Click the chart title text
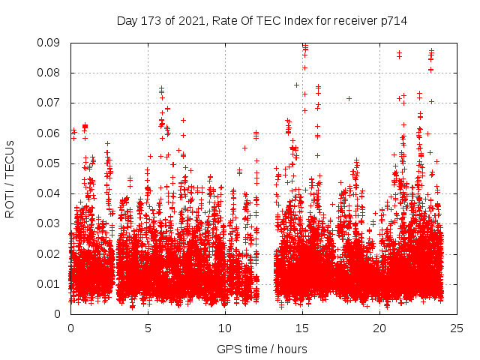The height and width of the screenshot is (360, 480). pyautogui.click(x=262, y=20)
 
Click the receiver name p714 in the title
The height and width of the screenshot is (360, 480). pyautogui.click(x=392, y=20)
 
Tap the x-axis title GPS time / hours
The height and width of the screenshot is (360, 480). pyautogui.click(x=262, y=349)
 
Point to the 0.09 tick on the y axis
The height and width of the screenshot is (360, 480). pyautogui.click(x=52, y=43)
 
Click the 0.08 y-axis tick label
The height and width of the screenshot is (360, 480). pyautogui.click(x=52, y=73)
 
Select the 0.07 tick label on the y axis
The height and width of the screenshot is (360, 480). pyautogui.click(x=52, y=103)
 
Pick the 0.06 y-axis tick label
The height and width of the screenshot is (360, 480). pyautogui.click(x=52, y=133)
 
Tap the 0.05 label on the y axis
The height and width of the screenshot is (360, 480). pyautogui.click(x=52, y=163)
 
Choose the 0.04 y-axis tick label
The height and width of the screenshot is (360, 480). pyautogui.click(x=52, y=193)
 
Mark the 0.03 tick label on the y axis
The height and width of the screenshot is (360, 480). pyautogui.click(x=52, y=223)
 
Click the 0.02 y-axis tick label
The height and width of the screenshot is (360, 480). pyautogui.click(x=52, y=253)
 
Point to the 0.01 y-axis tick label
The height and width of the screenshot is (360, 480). pyautogui.click(x=52, y=283)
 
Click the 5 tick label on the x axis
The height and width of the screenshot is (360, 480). pyautogui.click(x=148, y=328)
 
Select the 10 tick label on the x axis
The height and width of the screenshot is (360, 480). pyautogui.click(x=225, y=328)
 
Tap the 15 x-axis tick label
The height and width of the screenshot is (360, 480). pyautogui.click(x=302, y=328)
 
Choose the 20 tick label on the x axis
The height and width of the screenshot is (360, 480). pyautogui.click(x=379, y=328)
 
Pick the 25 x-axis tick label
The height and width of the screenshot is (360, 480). pyautogui.click(x=457, y=328)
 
